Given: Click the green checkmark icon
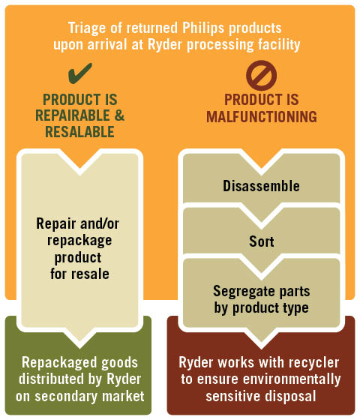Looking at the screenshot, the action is [x=79, y=73].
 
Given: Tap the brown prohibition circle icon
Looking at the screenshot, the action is [x=261, y=75].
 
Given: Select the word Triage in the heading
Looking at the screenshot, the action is [x=87, y=28].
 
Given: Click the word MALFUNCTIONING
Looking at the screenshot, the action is [x=262, y=117].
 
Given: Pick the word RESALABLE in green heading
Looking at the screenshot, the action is [x=79, y=132].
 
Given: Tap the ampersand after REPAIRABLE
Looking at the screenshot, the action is [x=119, y=115].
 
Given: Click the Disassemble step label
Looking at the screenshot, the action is [x=261, y=186].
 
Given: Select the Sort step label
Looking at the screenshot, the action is [x=262, y=241].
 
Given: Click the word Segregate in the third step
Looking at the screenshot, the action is [x=244, y=292].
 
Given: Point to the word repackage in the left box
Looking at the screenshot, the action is [x=79, y=241].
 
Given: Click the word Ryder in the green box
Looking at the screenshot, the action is [x=124, y=379].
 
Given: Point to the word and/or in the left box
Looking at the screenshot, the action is [x=99, y=223].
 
